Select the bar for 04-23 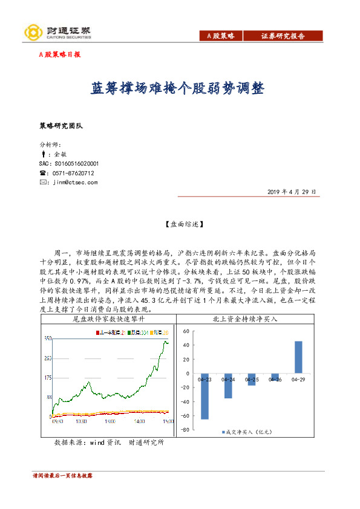coord(205,397)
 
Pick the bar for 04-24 coord(228,386)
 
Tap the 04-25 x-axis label coord(252,380)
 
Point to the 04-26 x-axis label coord(275,380)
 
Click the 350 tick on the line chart coord(47,339)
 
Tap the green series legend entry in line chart coord(136,332)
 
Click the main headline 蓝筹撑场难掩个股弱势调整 coord(177,88)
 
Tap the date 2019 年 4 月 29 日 coord(292,191)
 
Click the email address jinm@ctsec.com coord(76,182)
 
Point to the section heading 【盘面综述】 coord(180,224)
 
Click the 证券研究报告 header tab coord(283,36)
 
